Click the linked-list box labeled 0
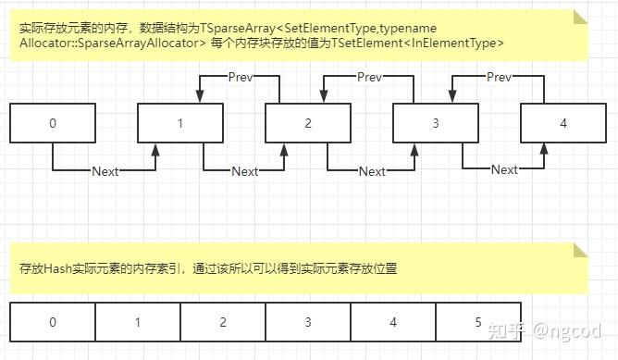[x=52, y=123]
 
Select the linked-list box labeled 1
[x=179, y=123]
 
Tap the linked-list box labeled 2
[x=307, y=123]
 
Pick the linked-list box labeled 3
[x=435, y=123]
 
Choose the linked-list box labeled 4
[x=562, y=123]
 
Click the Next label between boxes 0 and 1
[x=105, y=171]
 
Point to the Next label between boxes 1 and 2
[x=245, y=171]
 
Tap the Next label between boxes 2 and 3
[x=372, y=171]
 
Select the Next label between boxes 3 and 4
[x=504, y=169]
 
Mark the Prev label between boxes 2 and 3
[x=369, y=76]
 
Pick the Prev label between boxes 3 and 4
[x=499, y=76]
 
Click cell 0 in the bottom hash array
[x=52, y=322]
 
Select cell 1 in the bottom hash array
[x=138, y=322]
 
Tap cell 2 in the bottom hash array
[x=223, y=322]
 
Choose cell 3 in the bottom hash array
[x=308, y=322]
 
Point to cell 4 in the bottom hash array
[x=393, y=322]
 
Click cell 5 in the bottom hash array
[x=478, y=322]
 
